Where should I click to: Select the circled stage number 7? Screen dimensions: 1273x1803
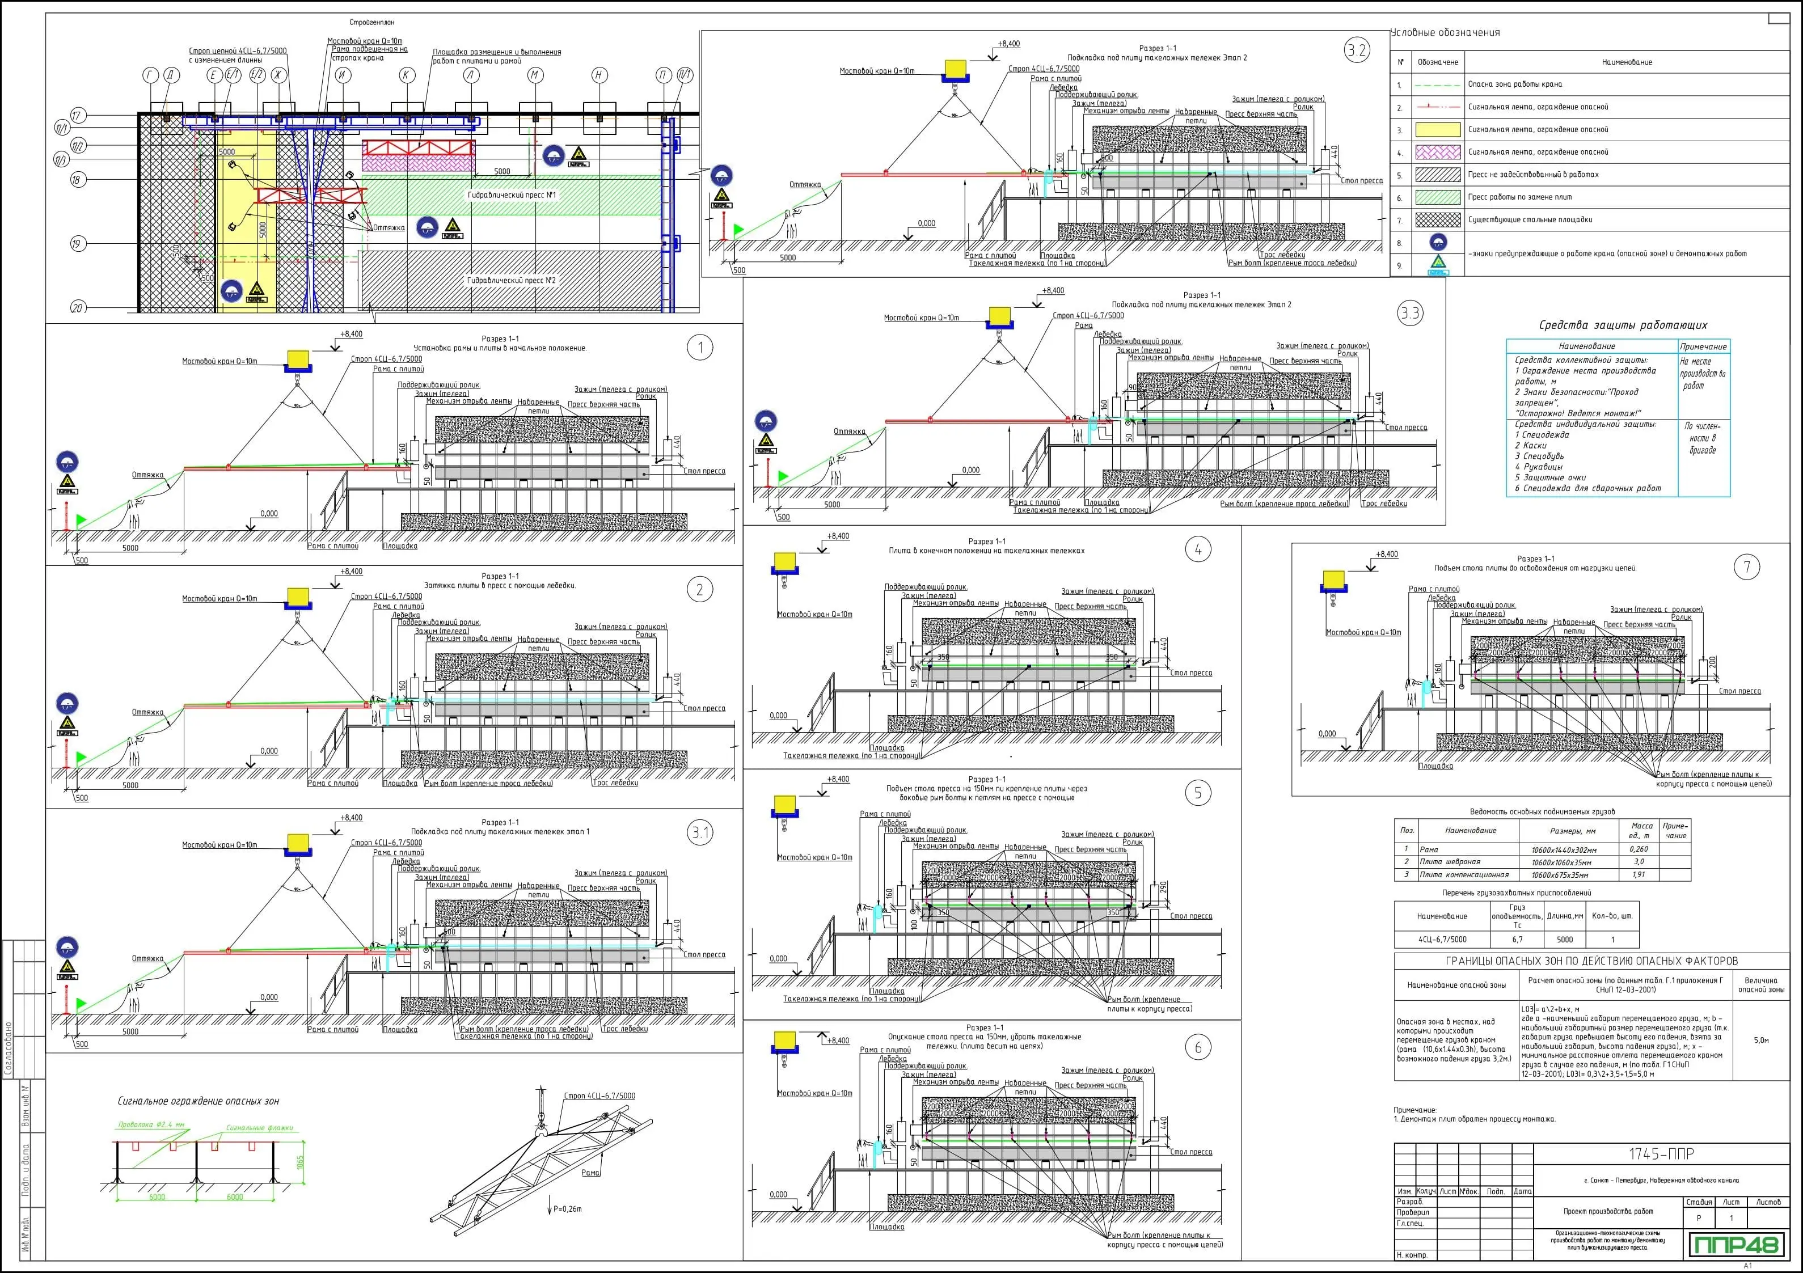coord(1746,567)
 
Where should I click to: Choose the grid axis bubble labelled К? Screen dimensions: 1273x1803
coord(406,75)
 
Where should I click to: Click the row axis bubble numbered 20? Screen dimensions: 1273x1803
coord(77,308)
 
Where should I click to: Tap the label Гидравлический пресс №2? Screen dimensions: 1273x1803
coord(511,280)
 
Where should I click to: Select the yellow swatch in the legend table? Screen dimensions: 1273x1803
coord(1437,130)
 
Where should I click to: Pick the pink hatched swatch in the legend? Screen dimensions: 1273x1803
coord(1437,153)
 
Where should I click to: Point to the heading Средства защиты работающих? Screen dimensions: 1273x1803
coord(1623,325)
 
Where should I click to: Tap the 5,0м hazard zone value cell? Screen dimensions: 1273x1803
coord(1760,1041)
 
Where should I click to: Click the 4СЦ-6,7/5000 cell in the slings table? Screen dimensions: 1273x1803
coord(1442,939)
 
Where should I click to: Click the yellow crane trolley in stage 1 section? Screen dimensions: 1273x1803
coord(299,361)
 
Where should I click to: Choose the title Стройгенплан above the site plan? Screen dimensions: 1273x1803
coord(372,23)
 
